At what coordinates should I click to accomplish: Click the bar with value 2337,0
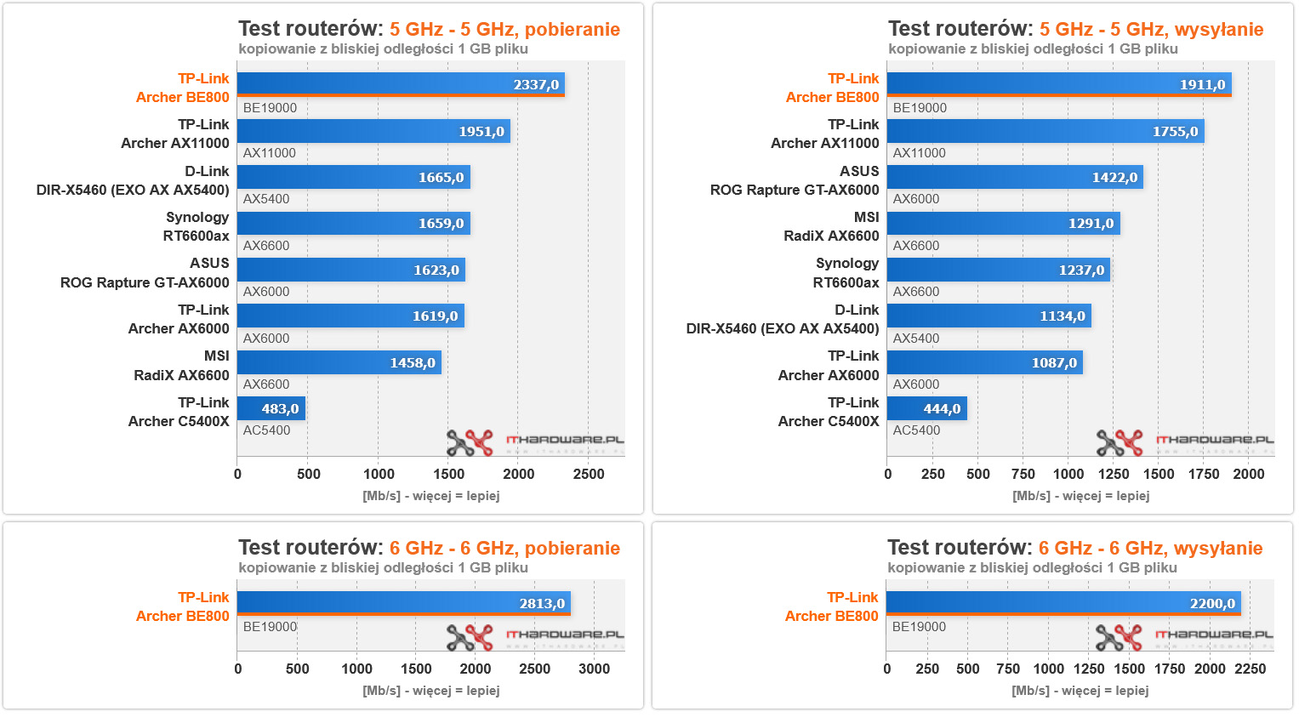(400, 84)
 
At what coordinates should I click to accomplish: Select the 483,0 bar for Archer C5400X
(271, 408)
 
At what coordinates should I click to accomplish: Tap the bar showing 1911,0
(1058, 84)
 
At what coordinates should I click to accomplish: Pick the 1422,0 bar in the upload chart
(1014, 177)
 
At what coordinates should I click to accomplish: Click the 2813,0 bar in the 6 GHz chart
(403, 603)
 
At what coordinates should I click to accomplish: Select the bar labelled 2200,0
(1063, 603)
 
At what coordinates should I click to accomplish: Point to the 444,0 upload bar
(926, 408)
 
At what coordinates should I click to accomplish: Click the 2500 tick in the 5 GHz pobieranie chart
(589, 475)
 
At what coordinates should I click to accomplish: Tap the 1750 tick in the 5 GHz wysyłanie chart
(1204, 474)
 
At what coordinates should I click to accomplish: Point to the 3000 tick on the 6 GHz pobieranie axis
(594, 669)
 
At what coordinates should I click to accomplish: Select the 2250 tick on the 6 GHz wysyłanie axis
(1250, 669)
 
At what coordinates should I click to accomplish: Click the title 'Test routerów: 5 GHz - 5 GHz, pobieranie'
(429, 30)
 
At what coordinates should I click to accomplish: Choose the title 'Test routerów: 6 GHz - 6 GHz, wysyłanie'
(1074, 549)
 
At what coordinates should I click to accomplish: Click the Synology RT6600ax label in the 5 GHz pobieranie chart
(197, 226)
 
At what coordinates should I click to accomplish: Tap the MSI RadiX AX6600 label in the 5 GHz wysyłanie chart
(831, 226)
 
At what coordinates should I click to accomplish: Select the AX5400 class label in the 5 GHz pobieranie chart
(266, 199)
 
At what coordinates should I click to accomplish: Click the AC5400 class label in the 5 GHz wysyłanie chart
(916, 430)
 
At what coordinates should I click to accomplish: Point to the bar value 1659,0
(441, 224)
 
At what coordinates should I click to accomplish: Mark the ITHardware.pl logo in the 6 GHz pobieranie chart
(535, 636)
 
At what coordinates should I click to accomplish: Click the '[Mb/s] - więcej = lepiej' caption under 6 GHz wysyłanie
(1080, 691)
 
